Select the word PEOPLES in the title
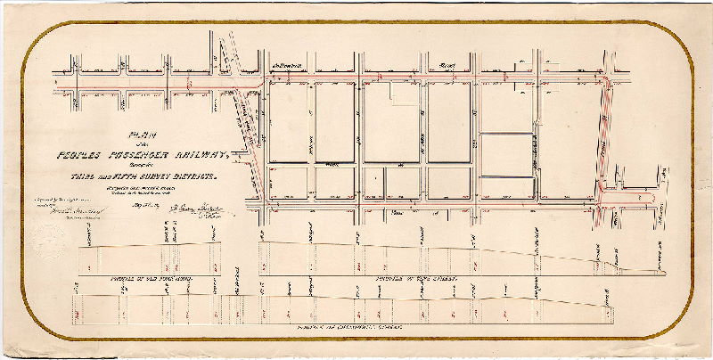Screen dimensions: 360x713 click(71, 156)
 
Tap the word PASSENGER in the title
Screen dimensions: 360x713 click(134, 156)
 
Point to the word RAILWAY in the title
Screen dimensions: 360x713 click(195, 156)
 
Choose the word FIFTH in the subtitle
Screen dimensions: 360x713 click(120, 177)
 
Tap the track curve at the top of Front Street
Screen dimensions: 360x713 click(608, 81)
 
